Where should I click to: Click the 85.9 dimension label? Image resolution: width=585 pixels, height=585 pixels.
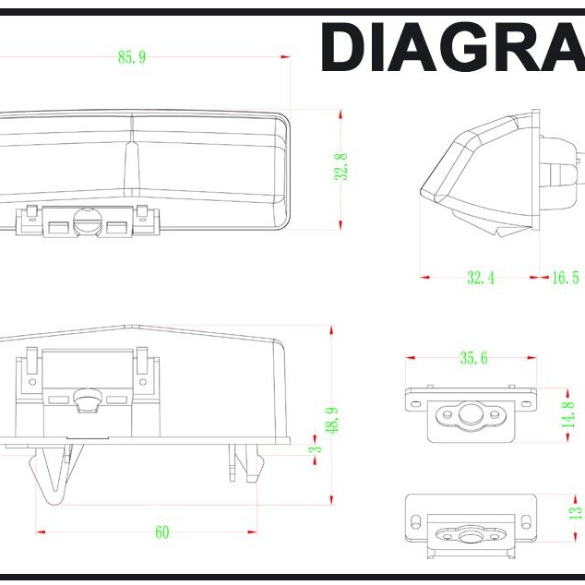tap(132, 57)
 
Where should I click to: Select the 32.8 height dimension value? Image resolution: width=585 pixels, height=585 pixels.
tap(341, 167)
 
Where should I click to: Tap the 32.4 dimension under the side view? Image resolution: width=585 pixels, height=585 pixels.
tap(481, 278)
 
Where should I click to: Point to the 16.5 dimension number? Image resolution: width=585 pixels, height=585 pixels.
tap(565, 278)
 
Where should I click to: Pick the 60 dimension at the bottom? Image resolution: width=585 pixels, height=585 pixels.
tap(162, 532)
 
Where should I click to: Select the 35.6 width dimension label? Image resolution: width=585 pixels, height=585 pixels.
tap(473, 358)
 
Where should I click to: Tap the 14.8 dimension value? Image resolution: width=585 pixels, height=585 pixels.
tap(567, 414)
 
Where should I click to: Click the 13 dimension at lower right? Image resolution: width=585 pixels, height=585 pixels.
tap(575, 512)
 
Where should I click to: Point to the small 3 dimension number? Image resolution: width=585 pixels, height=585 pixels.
tap(316, 449)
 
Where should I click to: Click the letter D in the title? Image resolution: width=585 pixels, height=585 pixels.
tap(344, 47)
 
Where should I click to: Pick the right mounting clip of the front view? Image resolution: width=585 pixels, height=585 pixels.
tap(246, 462)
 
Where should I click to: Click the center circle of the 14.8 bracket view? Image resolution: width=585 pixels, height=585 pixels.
tap(470, 413)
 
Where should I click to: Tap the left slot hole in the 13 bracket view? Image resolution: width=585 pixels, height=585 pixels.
tap(415, 522)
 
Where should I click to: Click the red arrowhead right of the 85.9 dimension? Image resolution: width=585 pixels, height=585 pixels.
tap(285, 56)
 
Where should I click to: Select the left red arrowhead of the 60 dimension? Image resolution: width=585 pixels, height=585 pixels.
tap(41, 532)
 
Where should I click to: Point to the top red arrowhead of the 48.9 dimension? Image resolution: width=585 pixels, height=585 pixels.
tap(331, 330)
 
